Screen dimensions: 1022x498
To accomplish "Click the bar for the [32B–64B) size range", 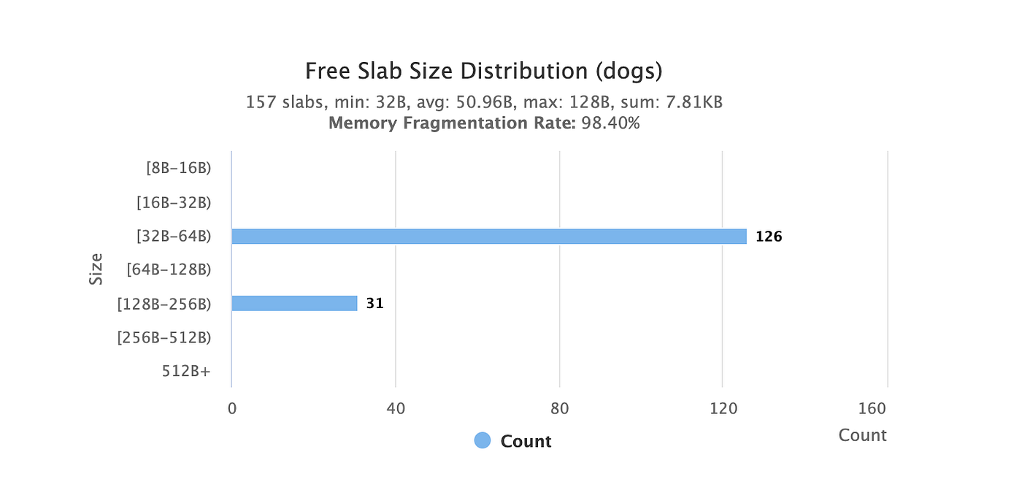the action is click(489, 237).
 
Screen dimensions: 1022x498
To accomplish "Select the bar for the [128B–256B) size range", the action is click(294, 304).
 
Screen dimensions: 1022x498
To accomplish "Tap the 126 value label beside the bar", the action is click(769, 237).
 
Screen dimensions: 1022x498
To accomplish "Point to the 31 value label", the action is click(374, 304).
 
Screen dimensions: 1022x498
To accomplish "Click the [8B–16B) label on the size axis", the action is click(178, 169).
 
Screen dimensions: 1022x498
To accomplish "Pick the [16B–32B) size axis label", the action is click(174, 202).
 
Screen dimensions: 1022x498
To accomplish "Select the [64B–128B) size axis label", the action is click(169, 269).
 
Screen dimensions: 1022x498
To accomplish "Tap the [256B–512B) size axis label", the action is click(164, 338).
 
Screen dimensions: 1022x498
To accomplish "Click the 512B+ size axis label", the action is click(186, 371).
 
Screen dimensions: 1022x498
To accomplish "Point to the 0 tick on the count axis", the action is click(232, 408).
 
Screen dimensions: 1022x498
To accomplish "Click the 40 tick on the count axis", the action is click(396, 408).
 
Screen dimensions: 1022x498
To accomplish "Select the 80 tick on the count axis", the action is click(559, 408).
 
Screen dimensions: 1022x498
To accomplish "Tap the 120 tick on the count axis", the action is click(723, 408).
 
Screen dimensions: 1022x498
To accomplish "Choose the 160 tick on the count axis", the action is click(872, 408).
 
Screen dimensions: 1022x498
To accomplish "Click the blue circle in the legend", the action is click(483, 440).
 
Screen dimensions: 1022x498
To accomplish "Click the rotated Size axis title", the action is click(96, 269).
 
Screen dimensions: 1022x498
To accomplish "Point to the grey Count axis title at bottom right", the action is click(862, 435).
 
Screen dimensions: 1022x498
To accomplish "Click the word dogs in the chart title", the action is click(629, 72).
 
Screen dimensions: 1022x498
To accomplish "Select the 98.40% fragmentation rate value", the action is click(610, 123).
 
